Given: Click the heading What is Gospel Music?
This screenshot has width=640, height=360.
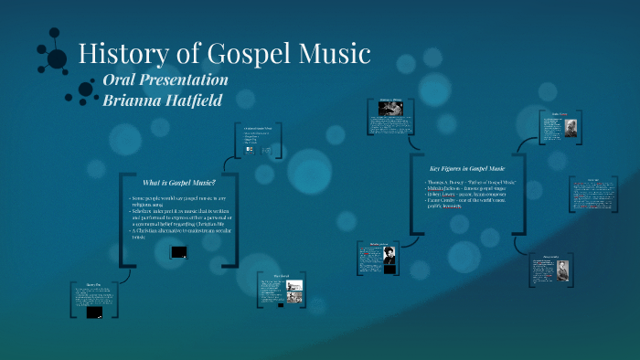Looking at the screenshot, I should point(179,182).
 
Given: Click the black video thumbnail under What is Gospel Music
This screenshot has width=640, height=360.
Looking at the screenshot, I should point(179,251).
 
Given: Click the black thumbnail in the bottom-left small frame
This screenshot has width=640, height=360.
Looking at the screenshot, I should point(93,312).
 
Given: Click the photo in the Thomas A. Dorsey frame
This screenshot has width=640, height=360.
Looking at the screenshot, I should point(391,109).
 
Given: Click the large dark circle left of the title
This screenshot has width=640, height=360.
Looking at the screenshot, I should point(57,58).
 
